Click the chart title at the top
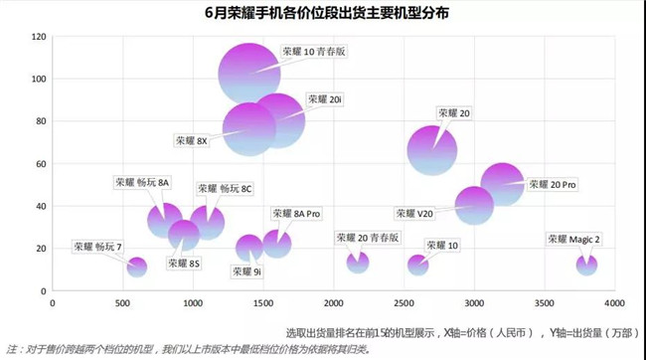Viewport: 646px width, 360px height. point(323,14)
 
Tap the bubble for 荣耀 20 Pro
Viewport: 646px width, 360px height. point(502,183)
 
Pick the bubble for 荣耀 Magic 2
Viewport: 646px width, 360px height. point(586,265)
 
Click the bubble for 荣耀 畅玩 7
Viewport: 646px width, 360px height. point(137,267)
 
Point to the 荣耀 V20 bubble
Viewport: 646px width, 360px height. point(474,204)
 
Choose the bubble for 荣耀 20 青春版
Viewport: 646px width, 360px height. point(358,262)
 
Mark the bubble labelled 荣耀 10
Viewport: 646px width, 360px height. point(417,265)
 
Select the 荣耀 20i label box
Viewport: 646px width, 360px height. point(325,99)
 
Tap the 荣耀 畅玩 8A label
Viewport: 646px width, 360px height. point(142,182)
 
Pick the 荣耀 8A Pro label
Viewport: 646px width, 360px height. point(295,214)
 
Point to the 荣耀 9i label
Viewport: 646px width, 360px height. point(247,270)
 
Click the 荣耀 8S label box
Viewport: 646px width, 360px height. point(184,264)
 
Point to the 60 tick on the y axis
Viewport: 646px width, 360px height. point(41,164)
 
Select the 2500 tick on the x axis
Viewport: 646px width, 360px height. point(404,303)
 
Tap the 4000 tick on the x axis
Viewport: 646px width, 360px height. point(614,303)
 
